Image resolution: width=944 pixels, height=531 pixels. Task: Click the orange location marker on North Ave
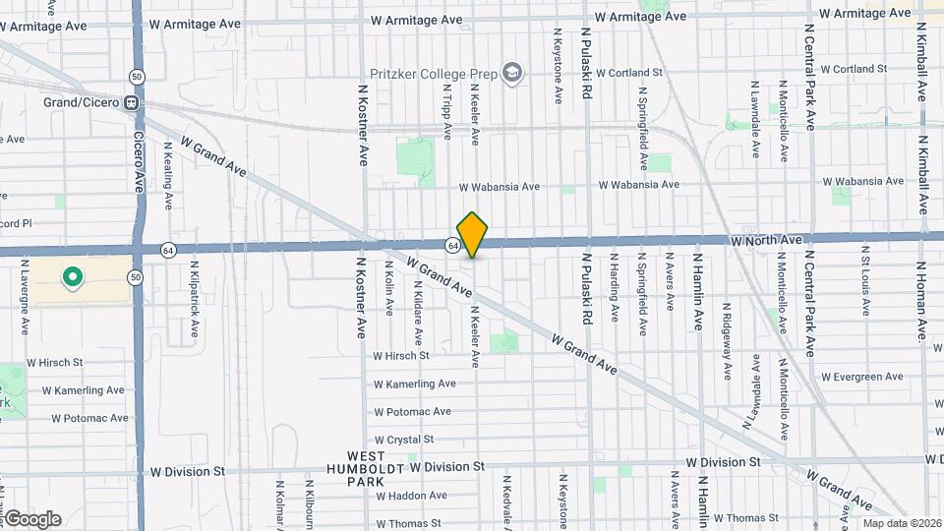[x=472, y=235]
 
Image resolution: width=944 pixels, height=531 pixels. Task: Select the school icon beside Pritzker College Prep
[x=512, y=73]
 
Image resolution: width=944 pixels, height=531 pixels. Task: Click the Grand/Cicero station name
[x=81, y=102]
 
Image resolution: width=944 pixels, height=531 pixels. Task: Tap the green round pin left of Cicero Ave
[x=71, y=278]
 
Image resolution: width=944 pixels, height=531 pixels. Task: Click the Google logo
[x=32, y=519]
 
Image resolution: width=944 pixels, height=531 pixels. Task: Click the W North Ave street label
[x=766, y=240]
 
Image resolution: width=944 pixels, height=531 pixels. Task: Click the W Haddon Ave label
[x=410, y=496]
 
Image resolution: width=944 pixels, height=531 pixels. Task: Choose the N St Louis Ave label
[x=866, y=285]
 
